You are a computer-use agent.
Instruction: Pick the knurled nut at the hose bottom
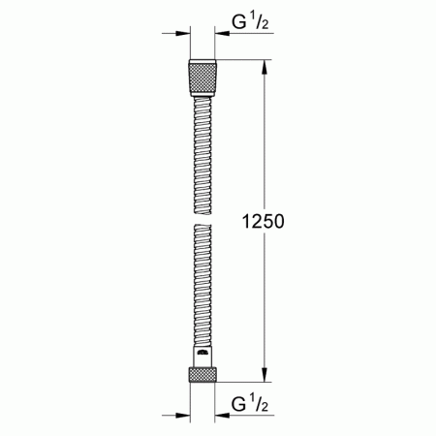(x=202, y=374)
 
